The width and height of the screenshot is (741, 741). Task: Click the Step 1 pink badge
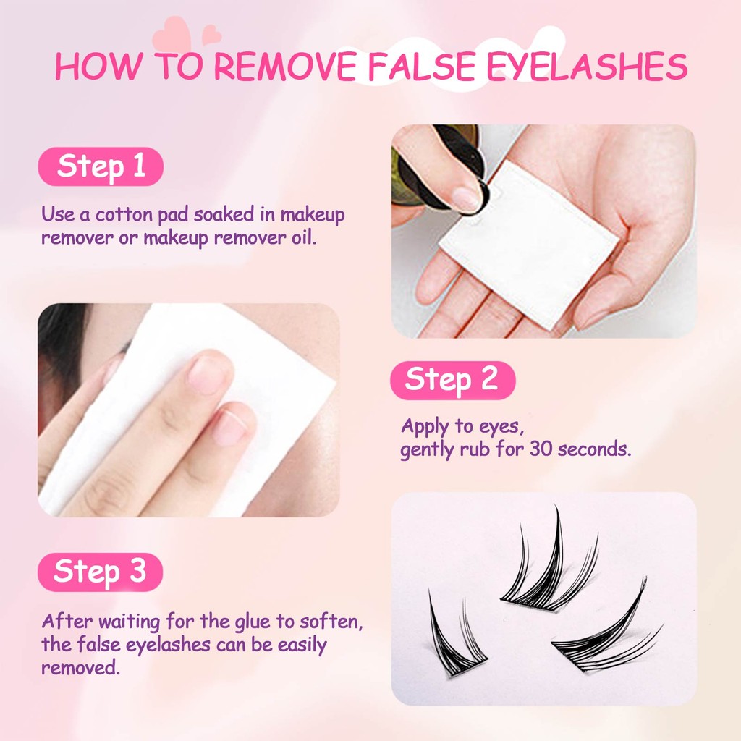[101, 166]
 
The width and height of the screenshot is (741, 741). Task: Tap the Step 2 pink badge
[453, 380]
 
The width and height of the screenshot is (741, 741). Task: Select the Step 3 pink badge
[100, 572]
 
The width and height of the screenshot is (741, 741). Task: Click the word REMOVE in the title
[286, 66]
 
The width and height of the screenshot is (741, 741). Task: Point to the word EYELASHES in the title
[587, 66]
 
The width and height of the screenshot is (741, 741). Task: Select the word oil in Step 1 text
[303, 237]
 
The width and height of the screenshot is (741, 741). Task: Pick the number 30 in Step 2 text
[541, 449]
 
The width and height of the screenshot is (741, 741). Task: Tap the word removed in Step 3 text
[80, 667]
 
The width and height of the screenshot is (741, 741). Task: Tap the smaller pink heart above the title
[211, 35]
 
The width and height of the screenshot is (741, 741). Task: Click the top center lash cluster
[549, 562]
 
